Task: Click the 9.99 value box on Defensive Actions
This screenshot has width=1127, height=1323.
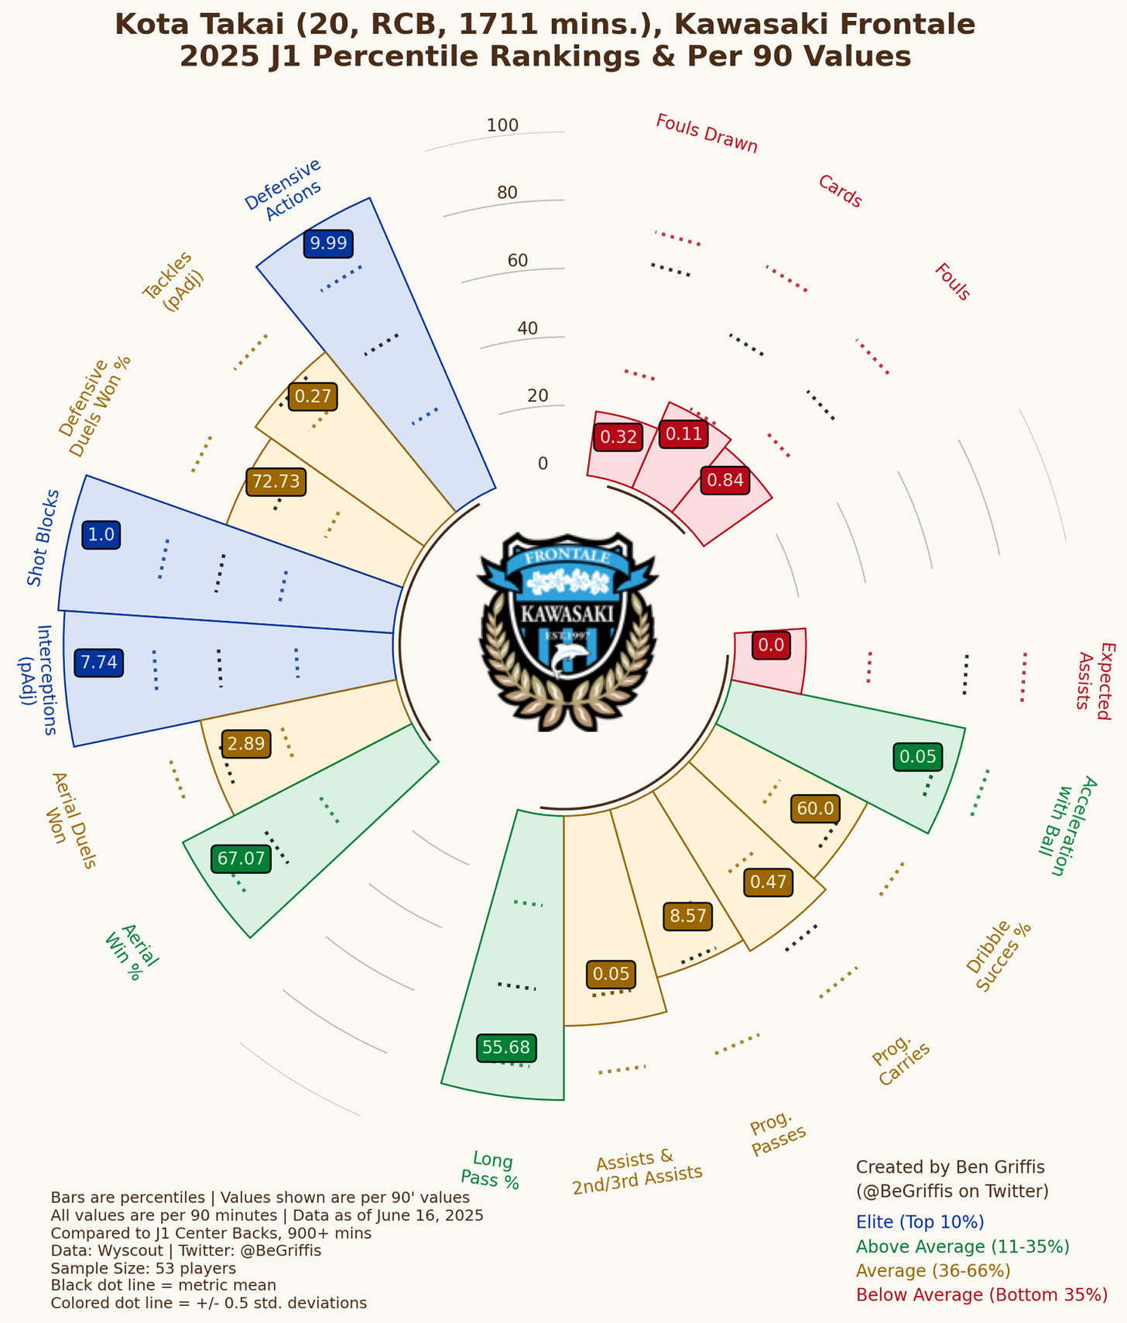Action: [328, 244]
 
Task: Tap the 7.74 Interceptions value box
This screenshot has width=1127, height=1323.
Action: [99, 663]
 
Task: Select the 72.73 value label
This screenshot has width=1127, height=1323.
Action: [276, 482]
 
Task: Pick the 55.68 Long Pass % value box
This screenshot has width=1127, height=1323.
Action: [506, 1048]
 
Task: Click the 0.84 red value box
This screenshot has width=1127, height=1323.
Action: [725, 481]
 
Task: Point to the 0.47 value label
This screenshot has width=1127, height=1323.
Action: [768, 882]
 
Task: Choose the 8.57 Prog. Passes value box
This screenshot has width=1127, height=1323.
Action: [688, 917]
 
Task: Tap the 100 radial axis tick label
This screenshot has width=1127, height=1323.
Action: [502, 125]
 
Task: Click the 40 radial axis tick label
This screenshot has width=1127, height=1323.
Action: [527, 328]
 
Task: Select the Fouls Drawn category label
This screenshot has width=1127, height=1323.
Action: [706, 134]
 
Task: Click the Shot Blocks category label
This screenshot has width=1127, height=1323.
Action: [43, 537]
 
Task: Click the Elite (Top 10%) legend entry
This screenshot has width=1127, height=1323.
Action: [920, 1222]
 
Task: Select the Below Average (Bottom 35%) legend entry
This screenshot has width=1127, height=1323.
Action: [981, 1295]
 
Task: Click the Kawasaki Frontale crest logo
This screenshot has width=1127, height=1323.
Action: [567, 631]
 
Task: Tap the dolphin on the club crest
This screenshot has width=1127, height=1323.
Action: [570, 658]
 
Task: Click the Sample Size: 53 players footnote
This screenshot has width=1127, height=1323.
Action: [143, 1269]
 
